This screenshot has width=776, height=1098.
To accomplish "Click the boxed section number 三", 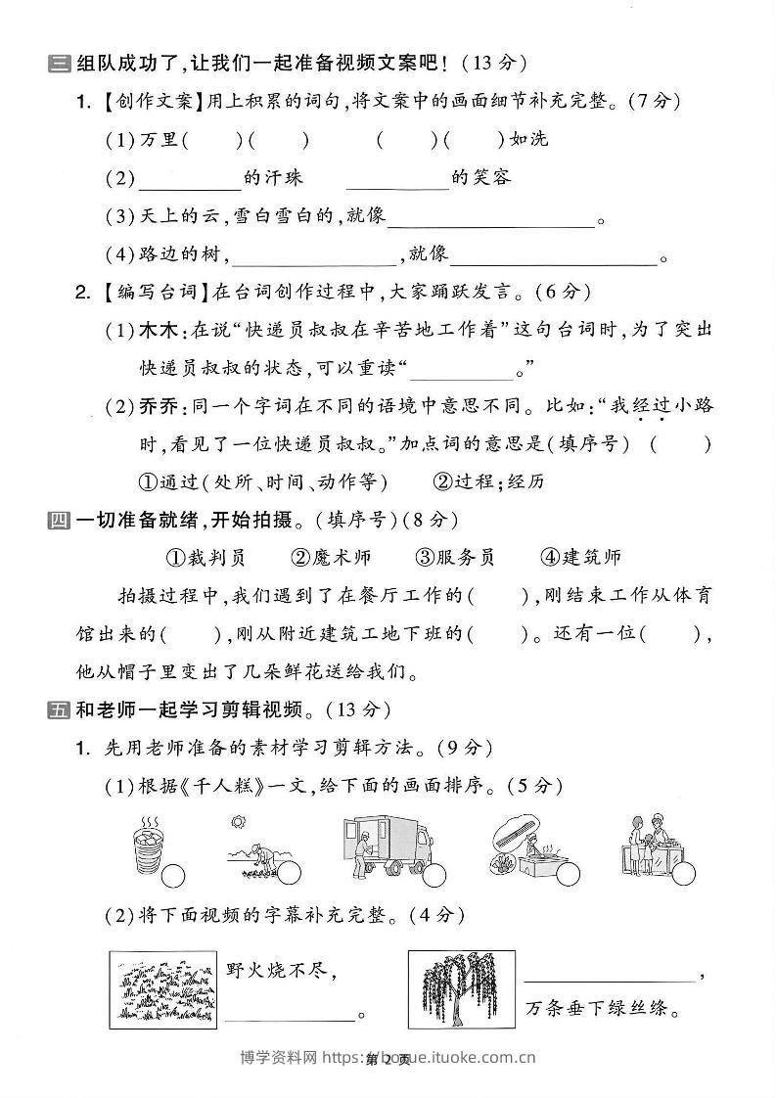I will tap(58, 65).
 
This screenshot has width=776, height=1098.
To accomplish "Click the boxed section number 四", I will tap(58, 520).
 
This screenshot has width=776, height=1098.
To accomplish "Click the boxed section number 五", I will tap(58, 709).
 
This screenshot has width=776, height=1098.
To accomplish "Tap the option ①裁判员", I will tap(205, 557).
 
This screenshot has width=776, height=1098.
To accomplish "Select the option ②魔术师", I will tap(331, 557).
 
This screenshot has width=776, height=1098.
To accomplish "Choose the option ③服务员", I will tap(455, 557).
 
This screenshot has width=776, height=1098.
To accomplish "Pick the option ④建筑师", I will tap(580, 557).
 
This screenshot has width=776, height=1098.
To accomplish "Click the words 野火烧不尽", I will tap(282, 970).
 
